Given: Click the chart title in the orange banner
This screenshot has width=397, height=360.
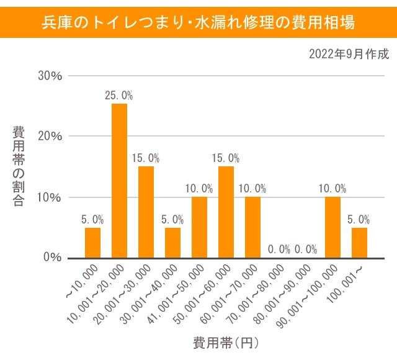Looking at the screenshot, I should point(198,23).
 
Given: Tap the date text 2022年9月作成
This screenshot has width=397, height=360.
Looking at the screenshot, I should point(349,54).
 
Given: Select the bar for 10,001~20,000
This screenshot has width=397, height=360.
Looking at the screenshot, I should point(119,181).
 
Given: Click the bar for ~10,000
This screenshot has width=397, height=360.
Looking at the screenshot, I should point(92,243).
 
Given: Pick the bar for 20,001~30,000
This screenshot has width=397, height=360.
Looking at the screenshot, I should point(146,212).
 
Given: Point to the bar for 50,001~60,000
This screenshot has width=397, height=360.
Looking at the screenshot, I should point(226,212).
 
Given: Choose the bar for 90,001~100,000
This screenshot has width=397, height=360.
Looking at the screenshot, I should point(332,227).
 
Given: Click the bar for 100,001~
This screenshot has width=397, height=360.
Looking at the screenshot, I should point(359,243).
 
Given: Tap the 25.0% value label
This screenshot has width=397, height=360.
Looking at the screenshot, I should point(119,96).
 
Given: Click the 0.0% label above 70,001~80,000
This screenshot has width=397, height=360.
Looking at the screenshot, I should point(279,250).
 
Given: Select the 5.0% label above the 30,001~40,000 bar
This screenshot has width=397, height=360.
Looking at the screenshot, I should point(172,219).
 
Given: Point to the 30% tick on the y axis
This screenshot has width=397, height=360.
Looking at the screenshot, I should point(50,76).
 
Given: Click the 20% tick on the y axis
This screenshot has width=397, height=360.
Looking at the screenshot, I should point(50,137).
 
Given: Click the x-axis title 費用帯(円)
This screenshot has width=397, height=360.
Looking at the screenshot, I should point(226,342).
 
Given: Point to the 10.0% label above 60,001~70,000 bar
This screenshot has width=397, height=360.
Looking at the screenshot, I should point(252,188).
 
